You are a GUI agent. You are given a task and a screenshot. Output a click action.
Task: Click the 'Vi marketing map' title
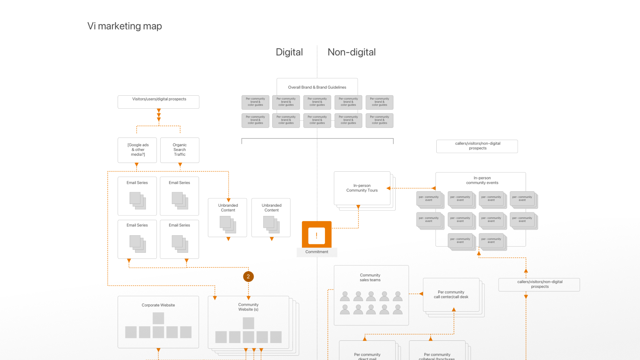(x=125, y=26)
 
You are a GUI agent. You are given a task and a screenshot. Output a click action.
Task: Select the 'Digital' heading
(x=289, y=52)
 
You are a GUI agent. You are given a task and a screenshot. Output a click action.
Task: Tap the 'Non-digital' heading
(x=351, y=52)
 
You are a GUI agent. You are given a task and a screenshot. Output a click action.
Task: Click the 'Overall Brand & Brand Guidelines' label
(x=317, y=87)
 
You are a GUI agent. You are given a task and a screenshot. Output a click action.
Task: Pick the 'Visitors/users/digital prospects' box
(x=159, y=102)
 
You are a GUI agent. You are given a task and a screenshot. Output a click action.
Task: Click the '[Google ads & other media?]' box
(x=137, y=150)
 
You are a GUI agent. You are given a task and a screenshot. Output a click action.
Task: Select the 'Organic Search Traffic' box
(x=180, y=150)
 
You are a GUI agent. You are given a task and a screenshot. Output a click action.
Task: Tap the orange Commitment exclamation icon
(x=317, y=235)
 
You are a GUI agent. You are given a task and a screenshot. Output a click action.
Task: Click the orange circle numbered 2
(x=248, y=277)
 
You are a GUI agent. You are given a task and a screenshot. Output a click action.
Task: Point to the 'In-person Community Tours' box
(x=362, y=188)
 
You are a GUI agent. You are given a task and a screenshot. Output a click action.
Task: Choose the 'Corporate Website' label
(x=158, y=305)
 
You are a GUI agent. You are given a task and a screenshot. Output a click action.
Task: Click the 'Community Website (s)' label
(x=248, y=307)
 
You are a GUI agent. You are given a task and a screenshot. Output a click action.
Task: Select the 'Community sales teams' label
(x=370, y=278)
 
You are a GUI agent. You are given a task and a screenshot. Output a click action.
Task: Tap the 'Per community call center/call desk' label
(x=451, y=295)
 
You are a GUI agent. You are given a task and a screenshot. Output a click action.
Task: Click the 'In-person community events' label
(x=482, y=180)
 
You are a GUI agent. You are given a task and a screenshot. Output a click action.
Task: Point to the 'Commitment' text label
(x=317, y=252)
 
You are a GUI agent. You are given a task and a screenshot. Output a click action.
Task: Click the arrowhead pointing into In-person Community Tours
(x=389, y=188)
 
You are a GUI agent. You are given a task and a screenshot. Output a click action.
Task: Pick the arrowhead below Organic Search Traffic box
(x=180, y=165)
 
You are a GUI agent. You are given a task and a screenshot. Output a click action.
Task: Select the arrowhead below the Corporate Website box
(x=158, y=350)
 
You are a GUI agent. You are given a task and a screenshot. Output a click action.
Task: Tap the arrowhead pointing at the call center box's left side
(x=421, y=294)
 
